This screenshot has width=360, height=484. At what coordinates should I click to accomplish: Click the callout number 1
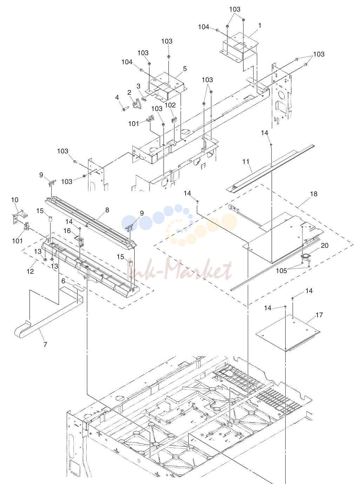click(x=260, y=26)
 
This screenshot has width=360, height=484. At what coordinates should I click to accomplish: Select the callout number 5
click(x=185, y=69)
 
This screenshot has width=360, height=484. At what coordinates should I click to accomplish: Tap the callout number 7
click(x=45, y=344)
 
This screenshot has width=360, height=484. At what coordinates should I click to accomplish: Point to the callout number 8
click(x=107, y=210)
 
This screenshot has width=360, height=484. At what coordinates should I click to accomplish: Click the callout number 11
click(x=246, y=162)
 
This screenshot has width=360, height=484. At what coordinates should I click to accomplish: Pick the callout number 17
click(x=319, y=315)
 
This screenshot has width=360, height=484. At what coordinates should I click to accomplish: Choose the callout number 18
click(x=314, y=194)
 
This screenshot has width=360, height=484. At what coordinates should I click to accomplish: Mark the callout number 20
click(x=325, y=245)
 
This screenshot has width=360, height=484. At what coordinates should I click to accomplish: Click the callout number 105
click(x=281, y=271)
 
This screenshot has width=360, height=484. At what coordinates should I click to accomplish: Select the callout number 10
click(x=15, y=200)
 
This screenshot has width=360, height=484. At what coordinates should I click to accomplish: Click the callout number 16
click(x=67, y=231)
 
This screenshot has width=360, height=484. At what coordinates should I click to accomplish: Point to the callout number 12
click(x=30, y=271)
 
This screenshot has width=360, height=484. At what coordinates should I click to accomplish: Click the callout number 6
click(x=63, y=281)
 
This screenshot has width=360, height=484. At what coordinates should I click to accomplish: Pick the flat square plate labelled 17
click(x=288, y=333)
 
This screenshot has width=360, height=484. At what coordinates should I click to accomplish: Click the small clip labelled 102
click(x=174, y=120)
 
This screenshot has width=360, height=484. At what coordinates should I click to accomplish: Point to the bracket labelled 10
click(x=19, y=216)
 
